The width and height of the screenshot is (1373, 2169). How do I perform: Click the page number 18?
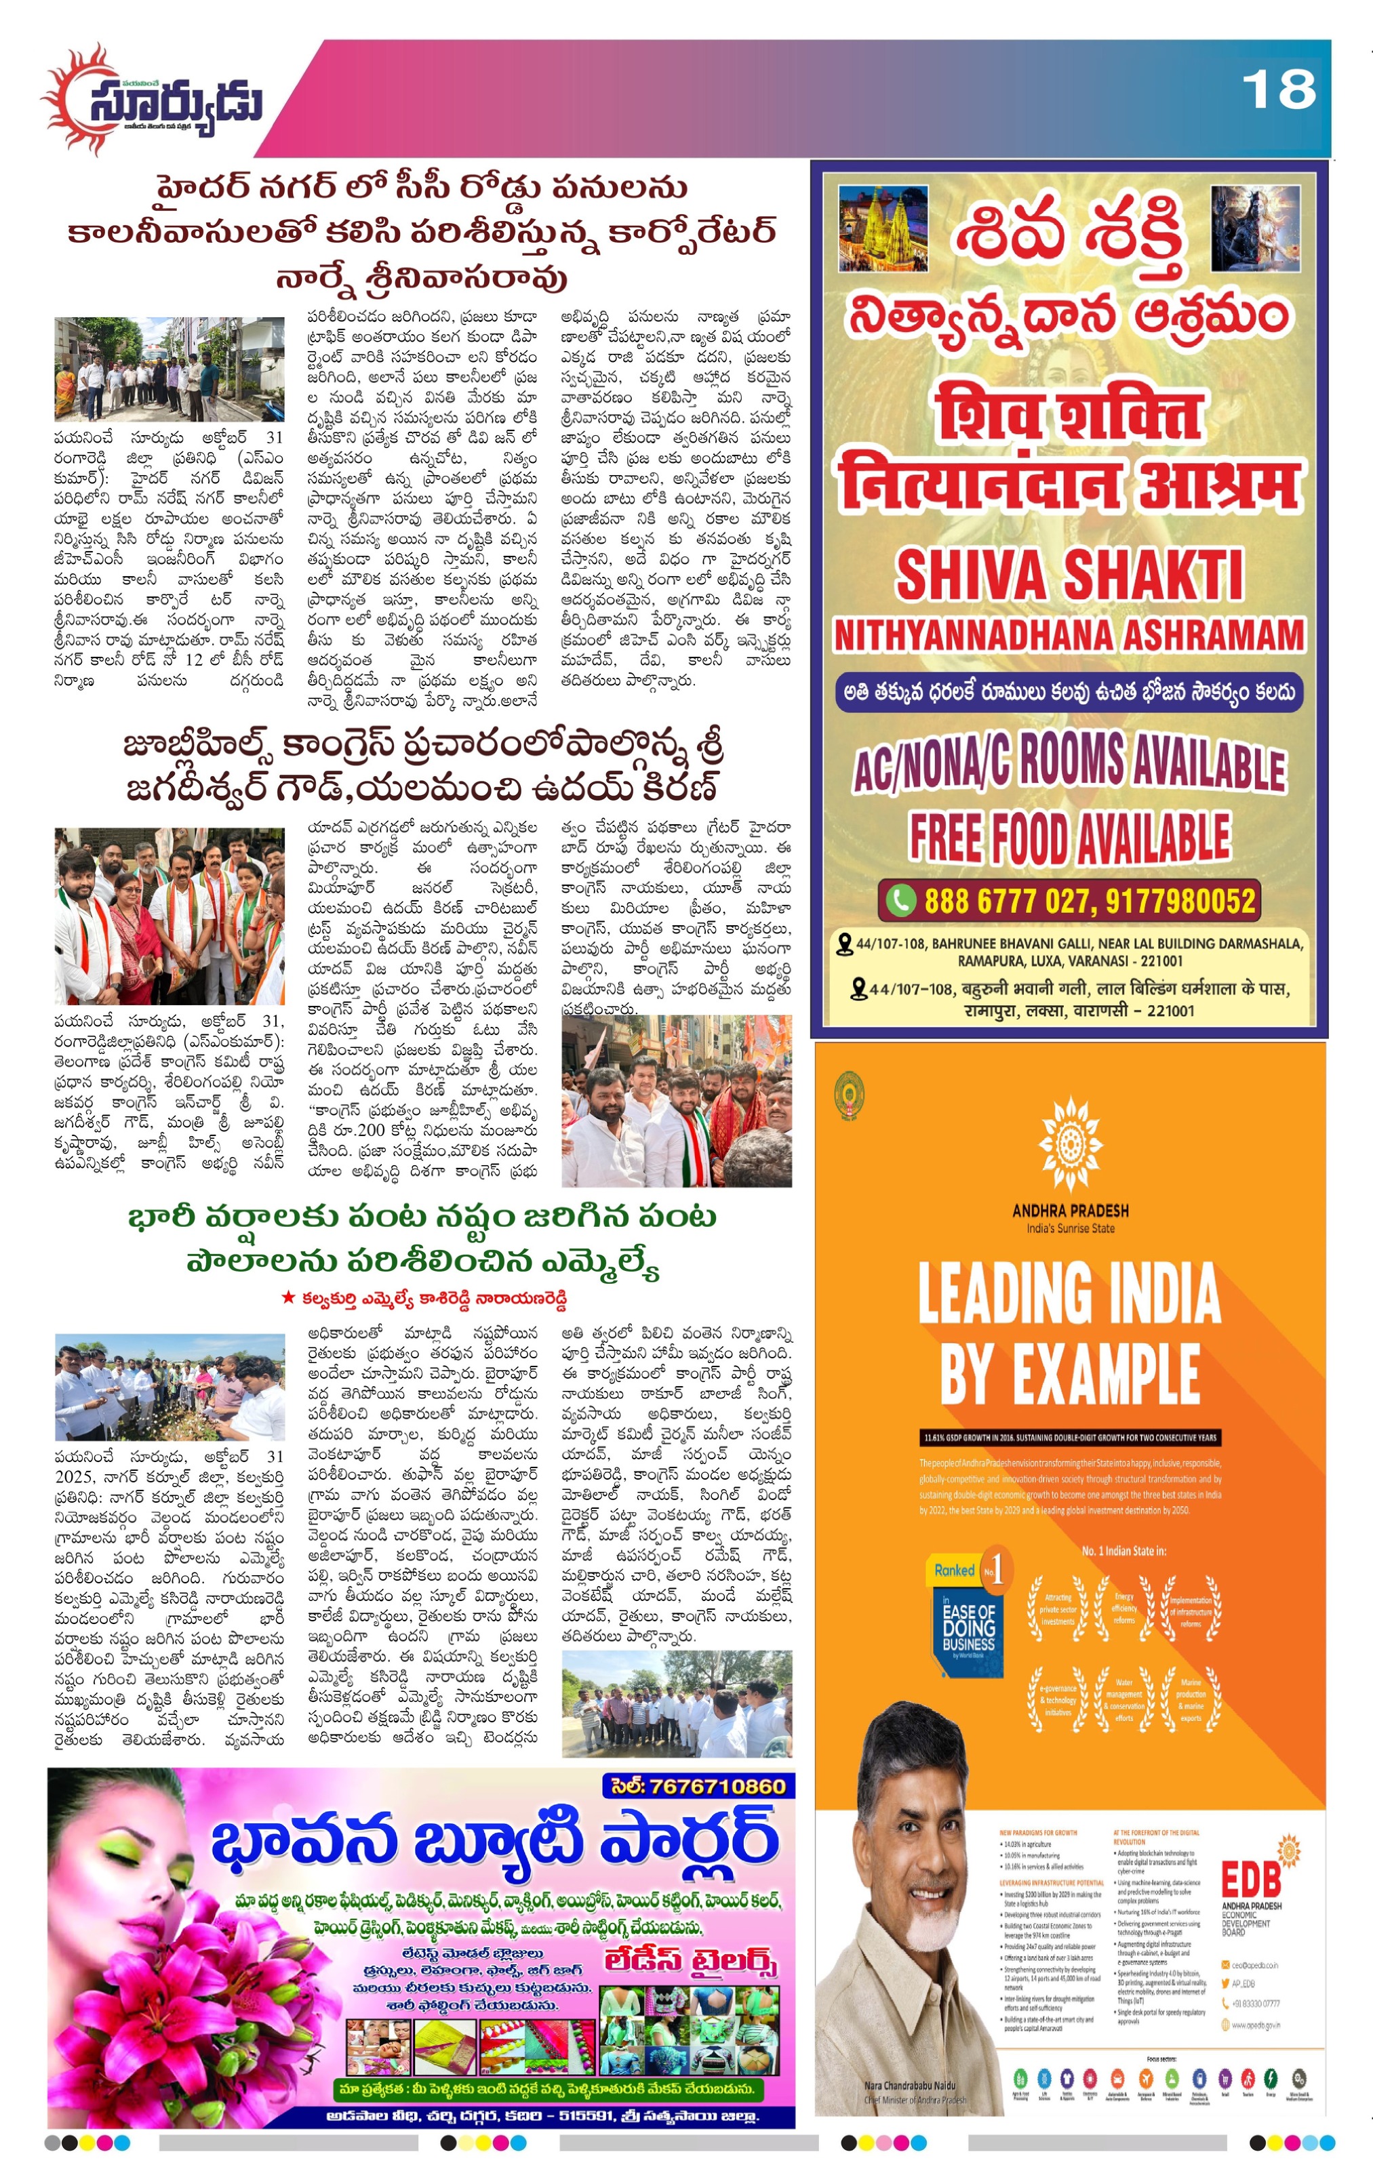pos(1277,90)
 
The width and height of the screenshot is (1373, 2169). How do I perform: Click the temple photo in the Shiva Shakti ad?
pos(882,230)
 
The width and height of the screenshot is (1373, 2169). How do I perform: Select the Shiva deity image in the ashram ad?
pos(1255,229)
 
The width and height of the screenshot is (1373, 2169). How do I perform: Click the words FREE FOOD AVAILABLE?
pos(1069,838)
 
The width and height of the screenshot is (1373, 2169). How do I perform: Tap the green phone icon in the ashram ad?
pos(900,900)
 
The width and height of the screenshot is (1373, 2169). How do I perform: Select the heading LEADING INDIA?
pos(1069,1295)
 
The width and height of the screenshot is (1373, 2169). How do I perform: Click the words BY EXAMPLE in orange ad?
pos(1069,1375)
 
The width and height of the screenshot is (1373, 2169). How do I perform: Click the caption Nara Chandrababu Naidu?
pos(910,2086)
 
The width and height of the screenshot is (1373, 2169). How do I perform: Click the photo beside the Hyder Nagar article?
pos(170,369)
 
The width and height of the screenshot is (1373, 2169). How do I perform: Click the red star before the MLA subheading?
pos(287,1298)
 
